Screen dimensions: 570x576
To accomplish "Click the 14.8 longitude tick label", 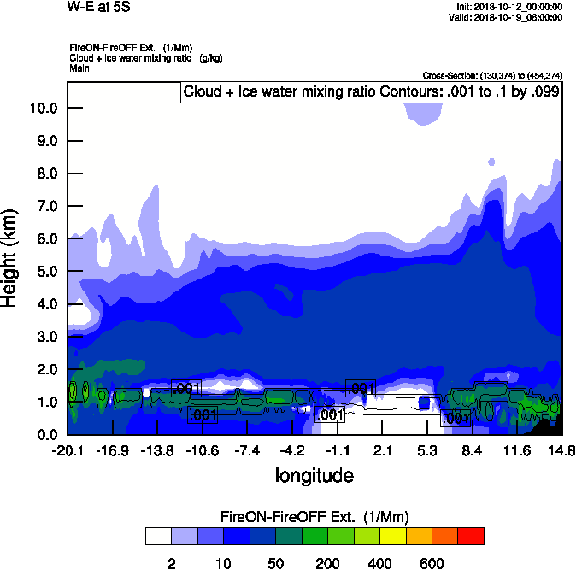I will pyautogui.click(x=561, y=450).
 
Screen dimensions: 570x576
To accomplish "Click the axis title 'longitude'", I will pyautogui.click(x=314, y=475).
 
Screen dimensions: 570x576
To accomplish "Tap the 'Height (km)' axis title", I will pyautogui.click(x=11, y=257).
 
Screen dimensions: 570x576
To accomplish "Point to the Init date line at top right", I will pyautogui.click(x=509, y=7).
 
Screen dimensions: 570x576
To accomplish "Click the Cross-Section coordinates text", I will pyautogui.click(x=492, y=76).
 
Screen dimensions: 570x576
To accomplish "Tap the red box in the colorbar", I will pyautogui.click(x=471, y=537).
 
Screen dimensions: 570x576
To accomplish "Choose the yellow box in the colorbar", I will pyautogui.click(x=393, y=537).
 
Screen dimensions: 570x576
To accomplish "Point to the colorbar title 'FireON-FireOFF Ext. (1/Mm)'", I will pyautogui.click(x=315, y=518).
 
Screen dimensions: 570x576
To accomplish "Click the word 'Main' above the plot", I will pyautogui.click(x=79, y=68).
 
